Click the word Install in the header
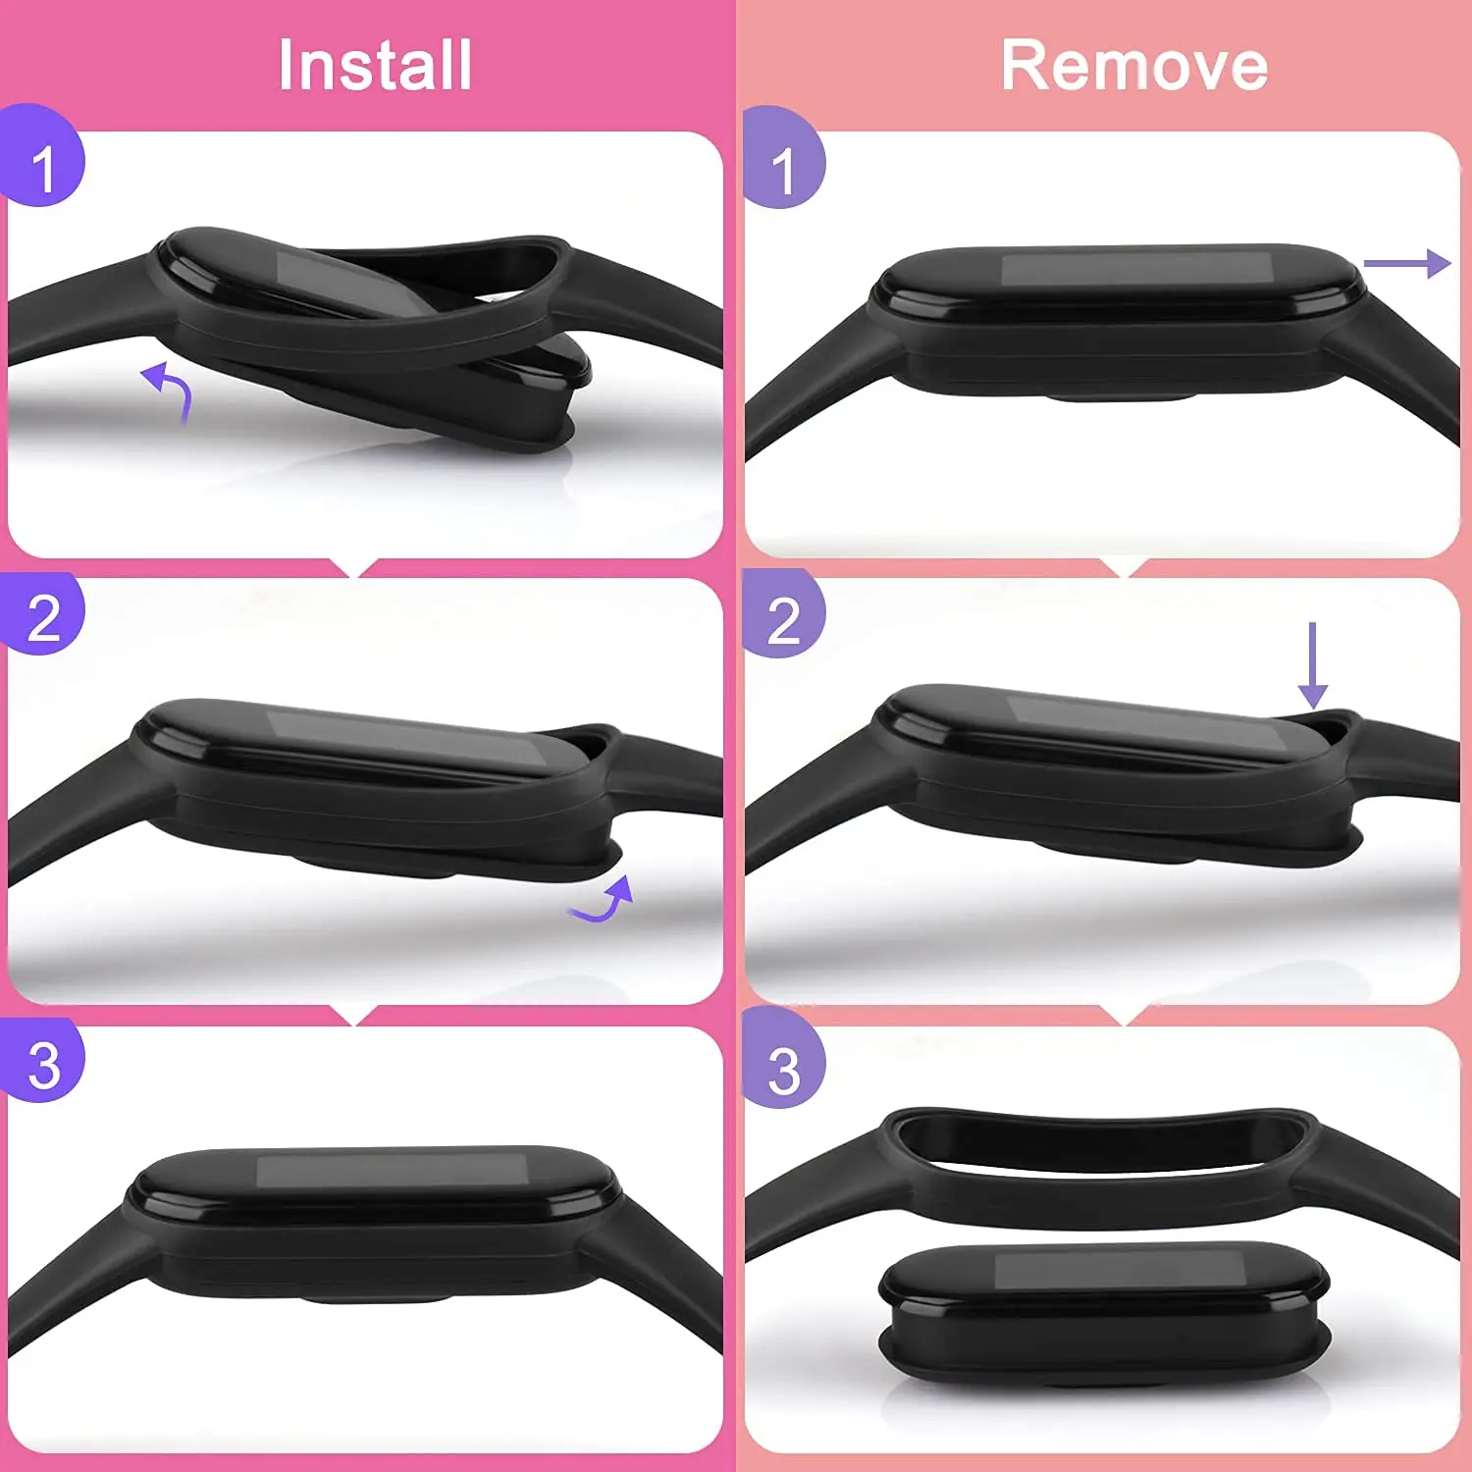click(x=375, y=66)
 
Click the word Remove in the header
click(x=1134, y=66)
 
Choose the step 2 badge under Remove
click(x=783, y=618)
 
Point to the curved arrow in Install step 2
click(x=604, y=901)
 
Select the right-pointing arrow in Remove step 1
click(x=1406, y=263)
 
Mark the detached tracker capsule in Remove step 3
click(x=1104, y=1310)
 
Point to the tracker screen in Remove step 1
click(x=1136, y=270)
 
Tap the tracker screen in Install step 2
click(x=402, y=738)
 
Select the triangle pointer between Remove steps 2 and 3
click(x=1125, y=1017)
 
